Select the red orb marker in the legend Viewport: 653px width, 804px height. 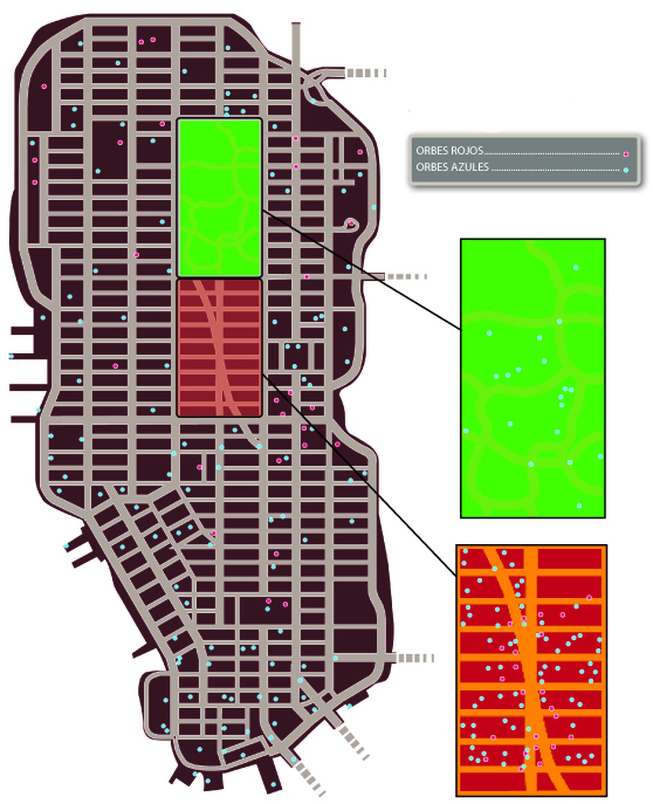point(626,154)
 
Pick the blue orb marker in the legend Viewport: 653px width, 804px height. point(626,170)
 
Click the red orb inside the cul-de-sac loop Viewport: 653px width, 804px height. point(352,223)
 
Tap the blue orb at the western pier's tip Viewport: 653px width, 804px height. point(11,357)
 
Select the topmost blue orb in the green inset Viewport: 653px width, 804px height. point(576,267)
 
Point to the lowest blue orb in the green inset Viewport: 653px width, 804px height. point(579,506)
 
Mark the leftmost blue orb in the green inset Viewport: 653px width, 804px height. point(466,431)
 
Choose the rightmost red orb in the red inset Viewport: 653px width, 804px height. point(589,598)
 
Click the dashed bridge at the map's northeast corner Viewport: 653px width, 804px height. point(366,73)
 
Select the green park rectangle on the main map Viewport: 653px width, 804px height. point(219,198)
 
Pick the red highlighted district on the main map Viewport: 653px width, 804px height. point(219,348)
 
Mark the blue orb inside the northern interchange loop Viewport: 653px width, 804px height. point(313,101)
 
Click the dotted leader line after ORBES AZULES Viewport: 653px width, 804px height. point(555,170)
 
